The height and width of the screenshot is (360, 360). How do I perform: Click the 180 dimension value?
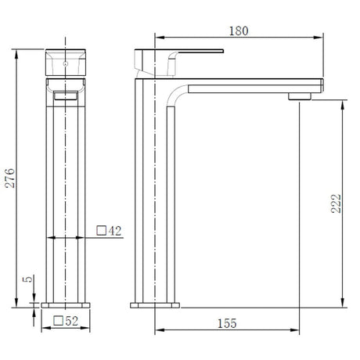(x=239, y=31)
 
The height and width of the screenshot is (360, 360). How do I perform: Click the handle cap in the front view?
(x=67, y=58)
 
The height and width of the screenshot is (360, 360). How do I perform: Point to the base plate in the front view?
(x=68, y=303)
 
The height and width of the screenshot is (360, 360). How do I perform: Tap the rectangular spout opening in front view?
(x=67, y=93)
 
